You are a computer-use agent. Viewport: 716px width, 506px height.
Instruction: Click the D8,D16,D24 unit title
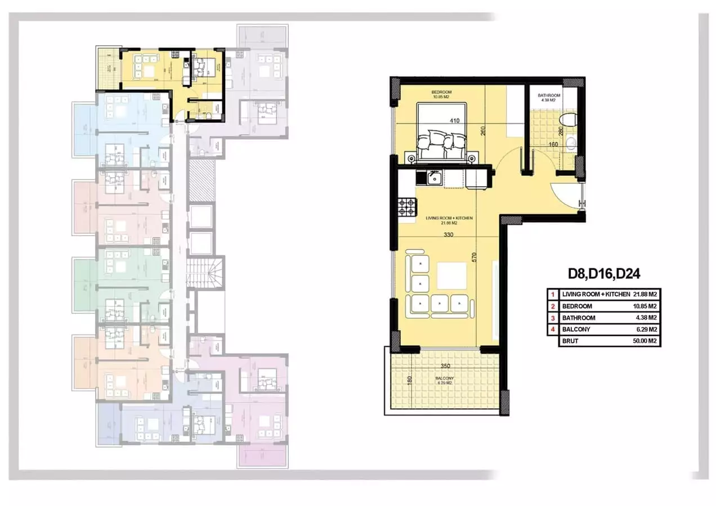[604, 274]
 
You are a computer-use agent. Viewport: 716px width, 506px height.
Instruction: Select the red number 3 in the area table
[553, 318]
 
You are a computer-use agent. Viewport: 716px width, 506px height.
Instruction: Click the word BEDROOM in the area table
[577, 306]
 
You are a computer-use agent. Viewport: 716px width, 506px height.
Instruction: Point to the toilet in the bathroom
[570, 120]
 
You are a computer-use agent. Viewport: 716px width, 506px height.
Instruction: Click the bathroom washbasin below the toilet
[571, 142]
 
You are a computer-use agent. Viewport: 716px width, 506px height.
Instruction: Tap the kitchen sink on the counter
[434, 179]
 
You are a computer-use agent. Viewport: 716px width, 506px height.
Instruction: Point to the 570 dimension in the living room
[475, 257]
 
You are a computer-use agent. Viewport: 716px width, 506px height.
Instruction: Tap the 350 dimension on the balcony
[445, 366]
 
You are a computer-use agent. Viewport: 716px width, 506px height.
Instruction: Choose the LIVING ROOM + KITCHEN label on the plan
[449, 218]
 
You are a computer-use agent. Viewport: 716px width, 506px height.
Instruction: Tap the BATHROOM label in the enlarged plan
[549, 96]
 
